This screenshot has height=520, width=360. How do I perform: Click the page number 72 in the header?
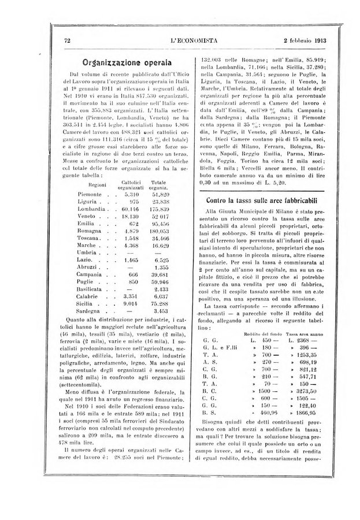point(67,41)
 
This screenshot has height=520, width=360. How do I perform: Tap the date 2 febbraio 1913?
point(295,41)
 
